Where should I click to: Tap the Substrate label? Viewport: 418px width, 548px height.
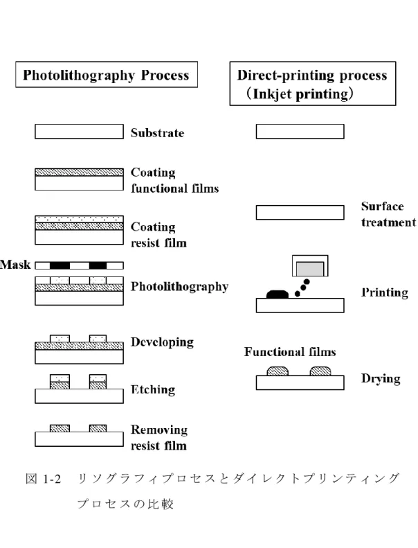point(158,133)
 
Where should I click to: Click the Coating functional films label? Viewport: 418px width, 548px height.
point(174,180)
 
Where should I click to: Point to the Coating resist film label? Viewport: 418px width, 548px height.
point(158,235)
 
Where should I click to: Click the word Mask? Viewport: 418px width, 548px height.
point(15,265)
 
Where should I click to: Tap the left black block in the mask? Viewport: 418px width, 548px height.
point(60,265)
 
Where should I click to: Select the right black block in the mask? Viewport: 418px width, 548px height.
point(98,265)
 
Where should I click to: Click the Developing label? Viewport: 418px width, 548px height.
point(162,342)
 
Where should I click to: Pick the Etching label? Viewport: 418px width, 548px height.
point(153,389)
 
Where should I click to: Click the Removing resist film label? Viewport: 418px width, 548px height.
point(159,438)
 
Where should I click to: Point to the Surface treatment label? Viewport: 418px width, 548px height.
point(388,214)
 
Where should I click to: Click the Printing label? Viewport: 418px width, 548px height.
point(385,292)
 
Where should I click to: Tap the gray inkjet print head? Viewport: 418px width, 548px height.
point(310,269)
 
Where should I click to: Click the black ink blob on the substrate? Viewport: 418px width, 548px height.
point(278,294)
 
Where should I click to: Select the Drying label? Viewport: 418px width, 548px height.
point(381,378)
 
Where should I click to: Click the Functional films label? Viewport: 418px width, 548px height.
point(290,351)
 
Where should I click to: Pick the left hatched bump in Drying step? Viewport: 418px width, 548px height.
point(278,371)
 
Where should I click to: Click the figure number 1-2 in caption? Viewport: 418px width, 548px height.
point(53,479)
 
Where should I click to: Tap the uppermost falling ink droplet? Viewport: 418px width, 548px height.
point(307,282)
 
